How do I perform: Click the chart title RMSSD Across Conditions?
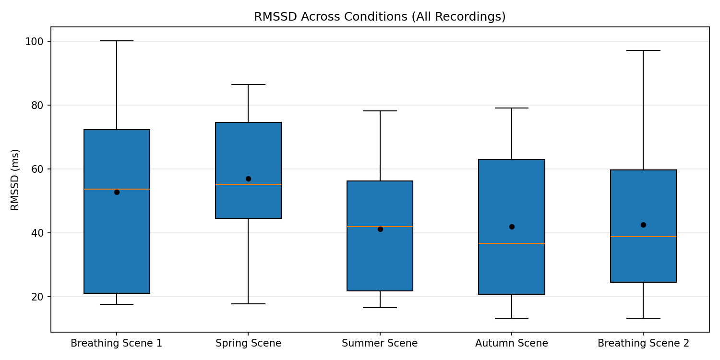pyautogui.click(x=380, y=17)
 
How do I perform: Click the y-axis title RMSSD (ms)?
pyautogui.click(x=15, y=180)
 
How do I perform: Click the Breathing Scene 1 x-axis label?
pyautogui.click(x=117, y=343)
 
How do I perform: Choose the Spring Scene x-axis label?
pyautogui.click(x=248, y=343)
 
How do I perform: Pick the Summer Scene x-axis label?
pyautogui.click(x=380, y=343)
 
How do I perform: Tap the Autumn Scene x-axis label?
pyautogui.click(x=512, y=343)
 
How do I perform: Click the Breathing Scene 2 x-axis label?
pyautogui.click(x=643, y=343)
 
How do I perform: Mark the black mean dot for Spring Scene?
pyautogui.click(x=248, y=179)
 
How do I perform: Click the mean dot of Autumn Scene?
pyautogui.click(x=512, y=227)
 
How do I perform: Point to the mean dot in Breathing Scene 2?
pyautogui.click(x=643, y=225)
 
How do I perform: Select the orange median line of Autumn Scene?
pyautogui.click(x=512, y=243)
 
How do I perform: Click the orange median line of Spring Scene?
pyautogui.click(x=248, y=184)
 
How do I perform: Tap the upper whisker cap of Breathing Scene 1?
pyautogui.click(x=117, y=41)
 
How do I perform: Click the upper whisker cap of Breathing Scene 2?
pyautogui.click(x=643, y=50)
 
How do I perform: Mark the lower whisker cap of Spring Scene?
pyautogui.click(x=248, y=304)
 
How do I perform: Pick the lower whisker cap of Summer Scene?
pyautogui.click(x=380, y=308)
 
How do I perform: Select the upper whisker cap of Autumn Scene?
pyautogui.click(x=512, y=108)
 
